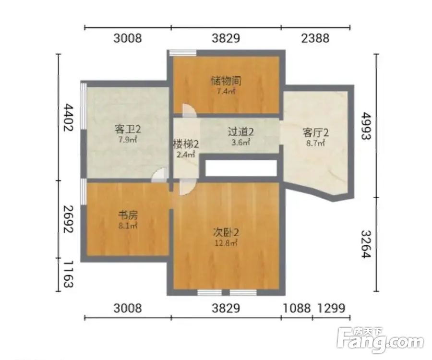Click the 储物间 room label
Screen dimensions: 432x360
226,81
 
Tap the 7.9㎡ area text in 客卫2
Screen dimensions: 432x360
128,139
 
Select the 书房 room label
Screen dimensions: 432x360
128,215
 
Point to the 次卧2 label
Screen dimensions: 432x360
226,233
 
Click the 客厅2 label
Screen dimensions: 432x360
316,133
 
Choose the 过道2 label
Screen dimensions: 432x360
240,132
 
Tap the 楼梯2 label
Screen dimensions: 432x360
186,144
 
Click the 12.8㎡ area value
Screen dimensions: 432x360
226,243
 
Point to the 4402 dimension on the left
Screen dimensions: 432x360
68,118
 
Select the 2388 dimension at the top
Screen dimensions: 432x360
315,38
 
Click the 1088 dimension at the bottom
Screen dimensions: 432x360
297,308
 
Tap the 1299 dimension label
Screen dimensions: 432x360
331,308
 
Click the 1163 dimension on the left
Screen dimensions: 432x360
68,275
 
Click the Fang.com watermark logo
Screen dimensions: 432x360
381,340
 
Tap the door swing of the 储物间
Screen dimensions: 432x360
189,110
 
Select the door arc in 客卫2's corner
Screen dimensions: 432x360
159,175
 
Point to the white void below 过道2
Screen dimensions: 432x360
241,168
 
